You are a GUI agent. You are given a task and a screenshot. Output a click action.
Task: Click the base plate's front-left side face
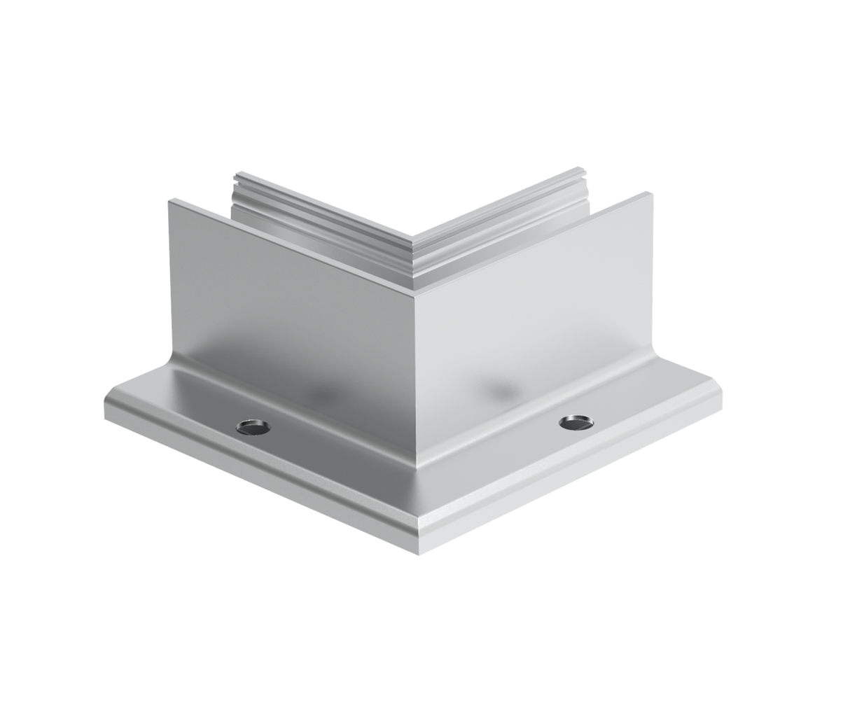(259, 490)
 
